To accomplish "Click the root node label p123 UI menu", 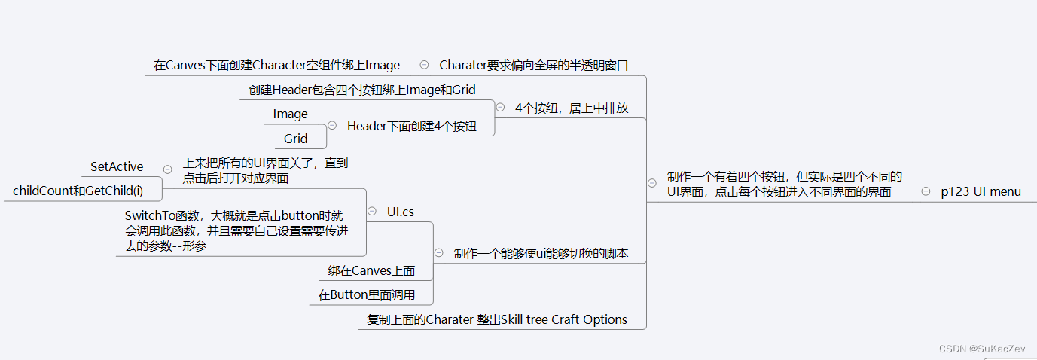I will pos(981,191).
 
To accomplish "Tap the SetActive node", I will pos(117,166).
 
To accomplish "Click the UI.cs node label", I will pos(401,212).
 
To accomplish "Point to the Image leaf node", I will pos(290,114).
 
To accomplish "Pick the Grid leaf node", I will pos(295,138).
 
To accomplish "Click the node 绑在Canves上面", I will pos(371,270).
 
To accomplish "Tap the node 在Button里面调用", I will pos(366,294).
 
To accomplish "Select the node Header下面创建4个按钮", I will pos(411,126).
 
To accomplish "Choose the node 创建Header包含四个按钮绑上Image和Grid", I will pos(362,90).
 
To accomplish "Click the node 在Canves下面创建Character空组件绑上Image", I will pos(276,65).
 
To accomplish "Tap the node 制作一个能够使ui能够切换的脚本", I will pos(541,253).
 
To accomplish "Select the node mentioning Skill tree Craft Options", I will pos(497,319).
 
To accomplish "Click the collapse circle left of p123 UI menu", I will pos(926,191).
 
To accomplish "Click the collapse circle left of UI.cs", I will pos(372,212).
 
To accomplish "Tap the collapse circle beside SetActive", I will pos(167,169).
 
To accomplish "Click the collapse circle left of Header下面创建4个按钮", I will pos(332,126).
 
